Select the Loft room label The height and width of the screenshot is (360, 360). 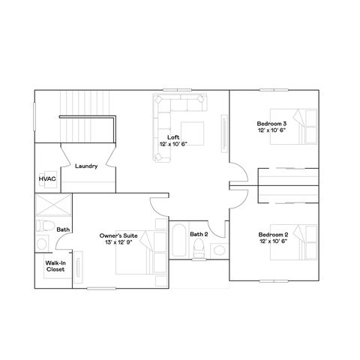[173, 136]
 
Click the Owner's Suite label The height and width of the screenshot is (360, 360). [117, 236]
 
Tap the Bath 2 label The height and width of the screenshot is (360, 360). [198, 235]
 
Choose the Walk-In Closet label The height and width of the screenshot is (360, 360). [55, 266]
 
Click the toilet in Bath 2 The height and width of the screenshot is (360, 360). [199, 253]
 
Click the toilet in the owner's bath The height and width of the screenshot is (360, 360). [43, 226]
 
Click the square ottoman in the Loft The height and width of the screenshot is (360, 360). [191, 130]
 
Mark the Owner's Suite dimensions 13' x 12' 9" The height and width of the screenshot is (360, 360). [117, 243]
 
